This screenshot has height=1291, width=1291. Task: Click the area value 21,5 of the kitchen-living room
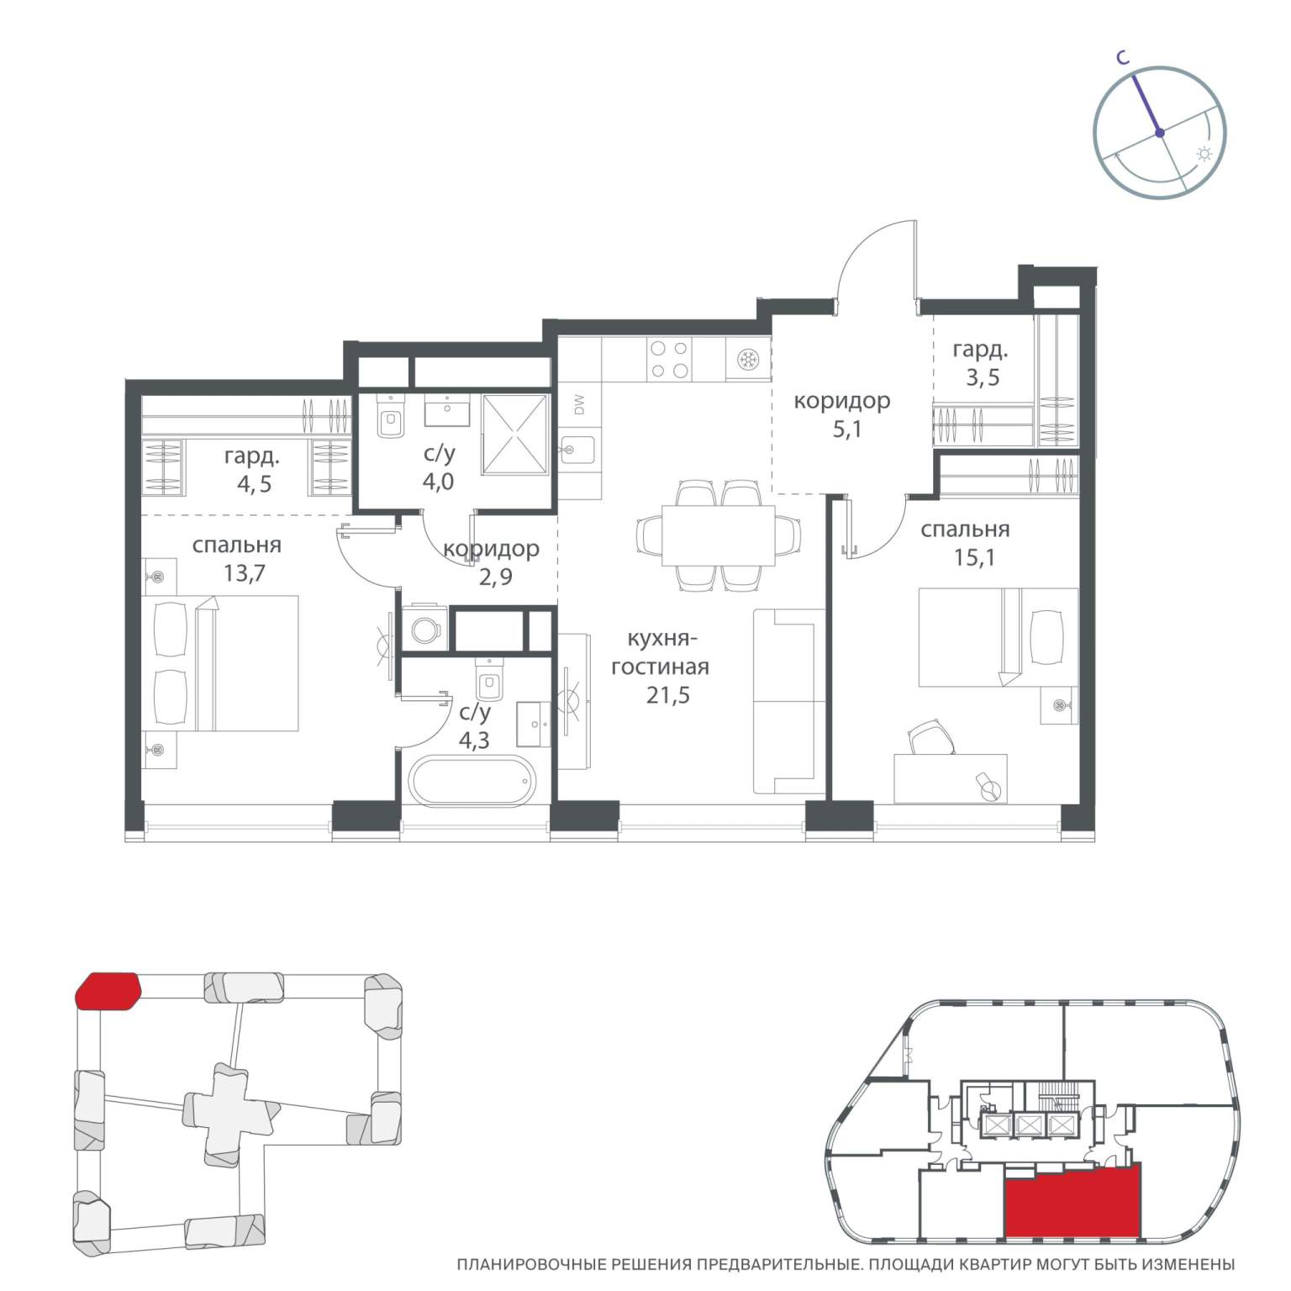point(667,695)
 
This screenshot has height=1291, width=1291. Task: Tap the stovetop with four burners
point(670,359)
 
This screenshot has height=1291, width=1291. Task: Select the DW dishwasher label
point(579,405)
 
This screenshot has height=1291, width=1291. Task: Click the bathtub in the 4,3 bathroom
point(471,782)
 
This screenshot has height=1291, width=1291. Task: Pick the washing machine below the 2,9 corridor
point(425,627)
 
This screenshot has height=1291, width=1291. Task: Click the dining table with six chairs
point(718,535)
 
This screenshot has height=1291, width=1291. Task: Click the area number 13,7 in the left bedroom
point(244,573)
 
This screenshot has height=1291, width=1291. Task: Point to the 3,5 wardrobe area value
point(982,377)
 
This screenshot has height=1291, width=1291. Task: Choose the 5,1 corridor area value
point(846,429)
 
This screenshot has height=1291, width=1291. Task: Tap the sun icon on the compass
point(1204,154)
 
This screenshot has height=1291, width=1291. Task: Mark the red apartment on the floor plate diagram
point(1072,1202)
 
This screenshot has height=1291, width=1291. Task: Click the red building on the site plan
point(108,990)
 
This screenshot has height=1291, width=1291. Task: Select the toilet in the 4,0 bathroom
point(391,418)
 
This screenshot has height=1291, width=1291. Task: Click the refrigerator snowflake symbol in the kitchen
point(746,360)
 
